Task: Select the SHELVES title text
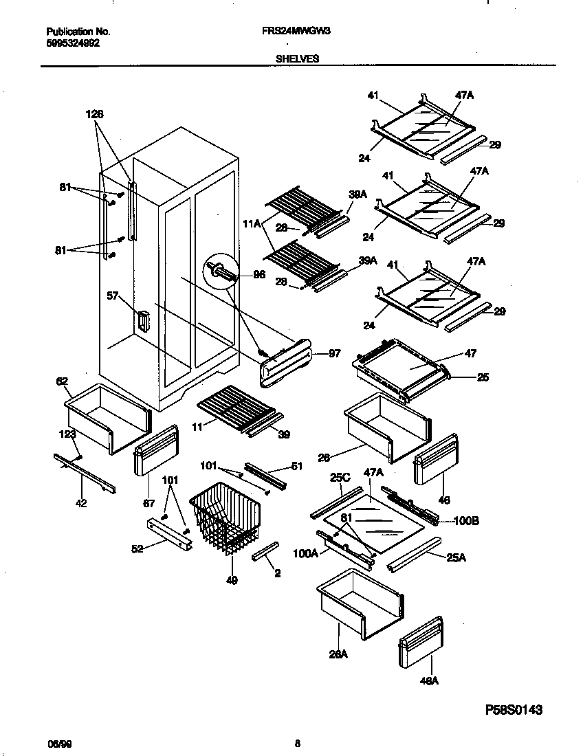pos(297,59)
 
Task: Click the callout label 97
pos(335,354)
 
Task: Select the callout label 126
pos(95,115)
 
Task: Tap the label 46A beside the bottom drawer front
pos(429,681)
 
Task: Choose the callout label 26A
pos(338,654)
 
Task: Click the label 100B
pos(466,521)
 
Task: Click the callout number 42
pos(81,503)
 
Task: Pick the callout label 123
pos(66,434)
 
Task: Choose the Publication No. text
pos(78,32)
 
